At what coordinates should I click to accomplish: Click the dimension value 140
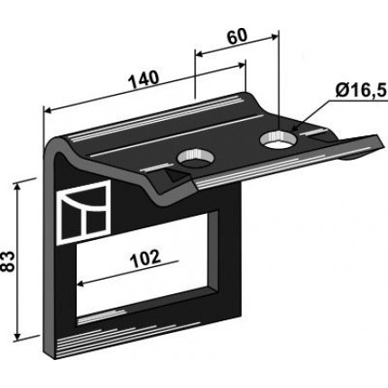(143, 79)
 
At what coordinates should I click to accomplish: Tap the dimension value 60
(237, 36)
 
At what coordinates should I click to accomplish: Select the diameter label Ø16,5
(361, 89)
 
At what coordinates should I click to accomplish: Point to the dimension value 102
(145, 259)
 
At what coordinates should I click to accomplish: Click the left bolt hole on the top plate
(196, 159)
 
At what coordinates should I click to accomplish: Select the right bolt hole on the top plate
(279, 140)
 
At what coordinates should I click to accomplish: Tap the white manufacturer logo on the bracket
(83, 211)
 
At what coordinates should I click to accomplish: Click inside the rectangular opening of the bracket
(147, 264)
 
